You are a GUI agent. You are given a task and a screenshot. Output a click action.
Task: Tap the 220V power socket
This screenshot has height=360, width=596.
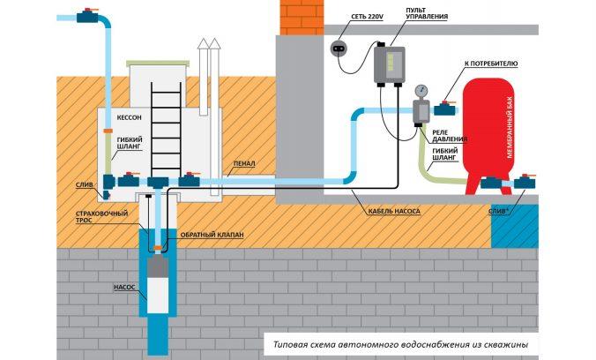pyautogui.click(x=339, y=49)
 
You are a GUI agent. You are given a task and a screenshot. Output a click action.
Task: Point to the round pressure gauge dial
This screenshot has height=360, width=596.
pyautogui.click(x=421, y=91)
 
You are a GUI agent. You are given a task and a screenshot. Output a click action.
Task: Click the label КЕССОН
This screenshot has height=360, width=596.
pyautogui.click(x=130, y=117)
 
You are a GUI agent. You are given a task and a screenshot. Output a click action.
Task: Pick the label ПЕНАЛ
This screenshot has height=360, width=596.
pyautogui.click(x=244, y=163)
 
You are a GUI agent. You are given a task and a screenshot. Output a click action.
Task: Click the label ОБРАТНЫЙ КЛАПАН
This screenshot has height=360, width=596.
pyautogui.click(x=212, y=235)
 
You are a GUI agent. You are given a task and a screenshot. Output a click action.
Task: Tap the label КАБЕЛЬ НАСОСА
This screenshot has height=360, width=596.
pyautogui.click(x=394, y=211)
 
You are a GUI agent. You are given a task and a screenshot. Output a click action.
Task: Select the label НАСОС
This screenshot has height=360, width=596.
pyautogui.click(x=124, y=287)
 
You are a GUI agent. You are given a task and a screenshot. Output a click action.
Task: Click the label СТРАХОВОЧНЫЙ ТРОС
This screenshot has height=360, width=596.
pyautogui.click(x=101, y=216)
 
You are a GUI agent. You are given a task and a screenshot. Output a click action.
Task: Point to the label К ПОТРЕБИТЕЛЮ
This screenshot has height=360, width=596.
pyautogui.click(x=491, y=64)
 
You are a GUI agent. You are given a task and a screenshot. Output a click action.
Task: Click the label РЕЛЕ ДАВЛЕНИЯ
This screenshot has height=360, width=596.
pyautogui.click(x=450, y=136)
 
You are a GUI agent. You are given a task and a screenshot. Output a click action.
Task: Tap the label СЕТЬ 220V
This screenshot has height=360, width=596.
pyautogui.click(x=367, y=17)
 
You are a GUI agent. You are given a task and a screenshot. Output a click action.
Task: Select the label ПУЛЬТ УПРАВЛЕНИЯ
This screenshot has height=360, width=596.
pyautogui.click(x=427, y=13)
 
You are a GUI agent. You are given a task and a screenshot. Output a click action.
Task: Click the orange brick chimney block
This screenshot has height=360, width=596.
pyautogui.click(x=302, y=18)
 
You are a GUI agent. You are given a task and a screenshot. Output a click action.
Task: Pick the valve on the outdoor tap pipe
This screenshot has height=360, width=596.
pyautogui.click(x=88, y=16)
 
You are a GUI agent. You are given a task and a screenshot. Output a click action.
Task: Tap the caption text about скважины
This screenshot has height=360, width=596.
pyautogui.click(x=400, y=345)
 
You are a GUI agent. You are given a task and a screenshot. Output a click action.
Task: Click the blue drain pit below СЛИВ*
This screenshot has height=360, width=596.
pyautogui.click(x=515, y=226)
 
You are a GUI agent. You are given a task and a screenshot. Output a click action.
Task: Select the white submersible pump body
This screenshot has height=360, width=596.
pyautogui.click(x=158, y=295)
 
